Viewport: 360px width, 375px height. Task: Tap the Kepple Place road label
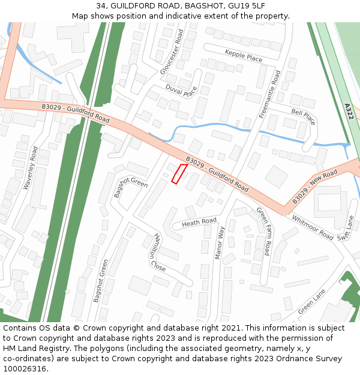pos(244,56)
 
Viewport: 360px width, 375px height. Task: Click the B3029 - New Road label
pos(315,186)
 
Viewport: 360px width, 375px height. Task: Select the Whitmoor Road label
pos(313,227)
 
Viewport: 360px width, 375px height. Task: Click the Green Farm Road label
pos(263,231)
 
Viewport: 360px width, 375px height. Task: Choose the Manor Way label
pos(220,243)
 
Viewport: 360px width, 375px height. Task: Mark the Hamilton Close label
pos(160,252)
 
